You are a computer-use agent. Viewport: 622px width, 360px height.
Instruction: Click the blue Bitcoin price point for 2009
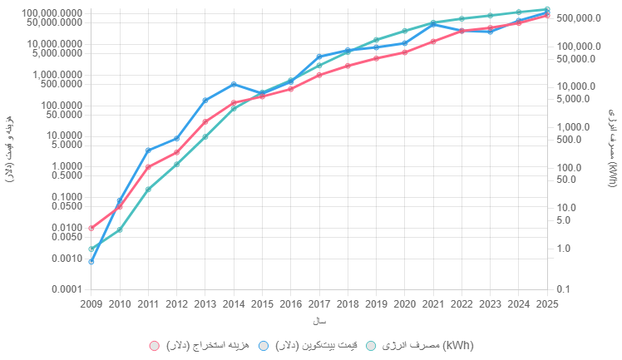[91, 261]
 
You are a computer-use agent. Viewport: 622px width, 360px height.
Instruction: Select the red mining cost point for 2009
[91, 228]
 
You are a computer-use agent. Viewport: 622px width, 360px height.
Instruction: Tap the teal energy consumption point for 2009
[91, 249]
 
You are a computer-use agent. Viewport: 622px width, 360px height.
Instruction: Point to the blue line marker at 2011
[148, 150]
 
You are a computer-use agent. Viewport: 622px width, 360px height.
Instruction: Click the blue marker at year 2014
[234, 84]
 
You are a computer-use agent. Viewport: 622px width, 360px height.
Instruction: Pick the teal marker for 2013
[205, 136]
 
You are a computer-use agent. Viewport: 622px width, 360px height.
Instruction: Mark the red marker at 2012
[177, 152]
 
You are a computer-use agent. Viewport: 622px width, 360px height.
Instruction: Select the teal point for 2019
[377, 40]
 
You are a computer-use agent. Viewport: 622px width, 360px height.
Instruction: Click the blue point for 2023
[491, 32]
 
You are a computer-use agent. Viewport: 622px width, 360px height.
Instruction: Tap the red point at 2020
[405, 52]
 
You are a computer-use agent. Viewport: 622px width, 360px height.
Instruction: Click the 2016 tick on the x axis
[291, 303]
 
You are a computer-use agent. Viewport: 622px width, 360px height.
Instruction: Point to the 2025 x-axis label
[547, 303]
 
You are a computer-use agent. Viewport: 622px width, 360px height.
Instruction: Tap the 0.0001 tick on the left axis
[65, 289]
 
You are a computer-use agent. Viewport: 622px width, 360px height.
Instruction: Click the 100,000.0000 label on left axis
[52, 13]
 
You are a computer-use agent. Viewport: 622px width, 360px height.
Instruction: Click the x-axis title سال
[319, 321]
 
